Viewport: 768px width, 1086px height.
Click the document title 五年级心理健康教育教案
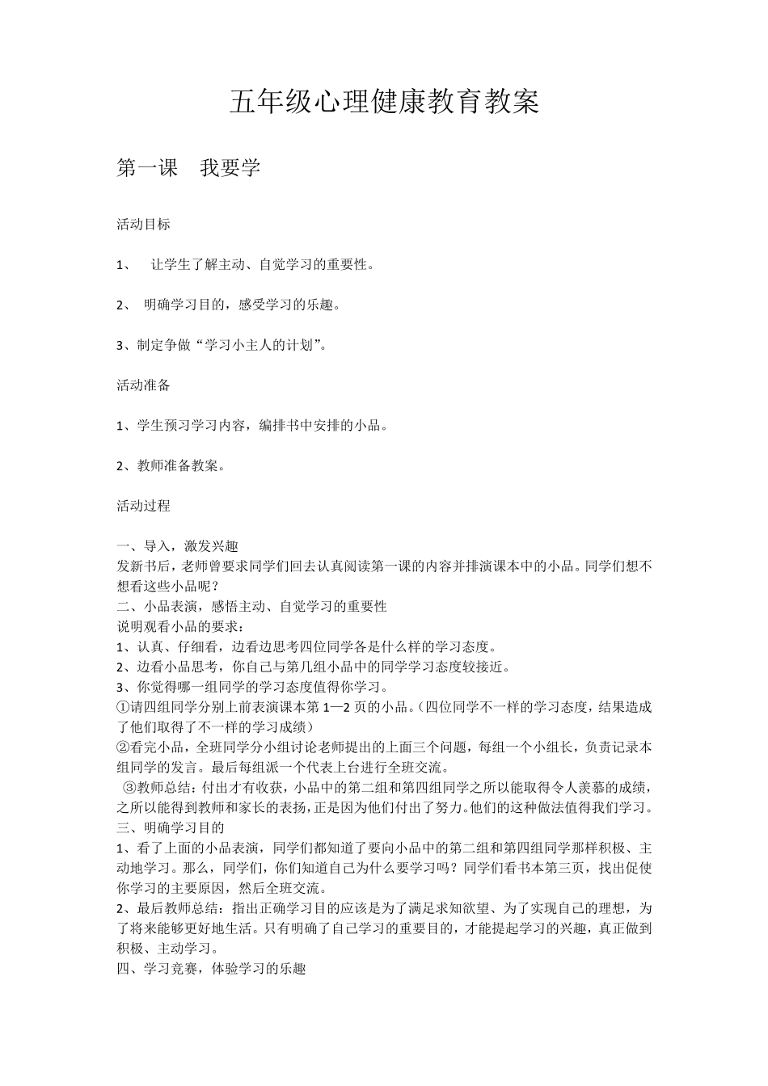(384, 103)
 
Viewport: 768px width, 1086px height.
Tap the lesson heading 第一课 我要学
(188, 168)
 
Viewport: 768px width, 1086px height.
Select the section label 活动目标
(144, 225)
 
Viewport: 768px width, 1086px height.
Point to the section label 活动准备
(144, 385)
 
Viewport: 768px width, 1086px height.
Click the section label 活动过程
(144, 506)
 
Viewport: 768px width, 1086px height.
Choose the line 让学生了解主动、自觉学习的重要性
(262, 264)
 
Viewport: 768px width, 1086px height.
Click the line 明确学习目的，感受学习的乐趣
(242, 305)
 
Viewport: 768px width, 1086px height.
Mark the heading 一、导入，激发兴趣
(178, 546)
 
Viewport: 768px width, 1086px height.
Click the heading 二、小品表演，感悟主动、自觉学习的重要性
(252, 606)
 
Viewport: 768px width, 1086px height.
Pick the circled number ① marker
(123, 706)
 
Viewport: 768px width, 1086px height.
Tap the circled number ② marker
(123, 747)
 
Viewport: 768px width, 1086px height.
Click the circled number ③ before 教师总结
(129, 787)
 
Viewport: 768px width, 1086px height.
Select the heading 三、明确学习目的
(171, 827)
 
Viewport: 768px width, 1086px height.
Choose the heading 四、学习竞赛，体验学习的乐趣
(212, 968)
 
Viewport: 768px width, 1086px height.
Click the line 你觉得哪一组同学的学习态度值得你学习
(252, 687)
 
